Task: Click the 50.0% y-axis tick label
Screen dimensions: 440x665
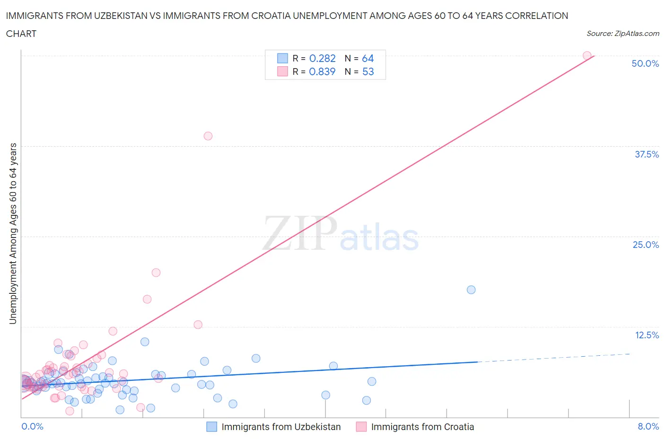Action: [x=645, y=63]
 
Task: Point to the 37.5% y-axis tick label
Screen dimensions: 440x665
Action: [x=647, y=154]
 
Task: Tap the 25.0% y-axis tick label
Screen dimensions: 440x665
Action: [x=646, y=245]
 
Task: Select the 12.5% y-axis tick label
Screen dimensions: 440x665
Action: [x=647, y=335]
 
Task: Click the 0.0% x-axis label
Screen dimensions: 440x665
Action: [x=32, y=426]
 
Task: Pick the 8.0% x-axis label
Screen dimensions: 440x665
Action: [x=648, y=426]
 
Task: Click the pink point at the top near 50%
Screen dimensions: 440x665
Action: [x=587, y=56]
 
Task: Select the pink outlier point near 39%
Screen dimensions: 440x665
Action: [x=208, y=136]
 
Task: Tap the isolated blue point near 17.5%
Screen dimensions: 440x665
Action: [x=471, y=290]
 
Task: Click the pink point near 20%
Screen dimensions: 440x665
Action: [x=156, y=273]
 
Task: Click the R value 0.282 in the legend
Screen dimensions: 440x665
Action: [x=322, y=58]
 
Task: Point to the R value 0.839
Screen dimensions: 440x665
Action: [x=322, y=71]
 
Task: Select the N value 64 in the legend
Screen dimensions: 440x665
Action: [x=367, y=58]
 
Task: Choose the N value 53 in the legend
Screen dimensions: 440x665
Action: [x=367, y=71]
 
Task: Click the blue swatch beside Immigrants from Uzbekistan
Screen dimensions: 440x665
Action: [x=212, y=427]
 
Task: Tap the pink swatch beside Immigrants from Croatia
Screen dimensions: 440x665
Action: [x=361, y=427]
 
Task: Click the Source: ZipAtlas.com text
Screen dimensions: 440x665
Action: [x=622, y=33]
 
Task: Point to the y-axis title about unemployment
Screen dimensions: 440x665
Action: [x=13, y=233]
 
